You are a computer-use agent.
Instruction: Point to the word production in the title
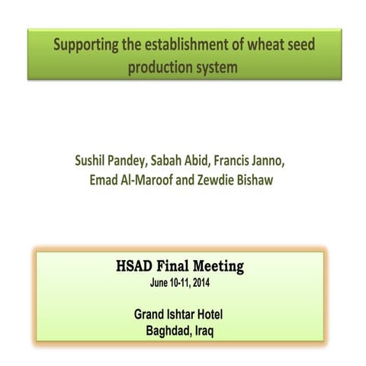coord(158,67)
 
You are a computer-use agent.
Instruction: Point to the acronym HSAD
coord(136,267)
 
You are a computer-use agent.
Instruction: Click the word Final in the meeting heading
coord(178,267)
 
